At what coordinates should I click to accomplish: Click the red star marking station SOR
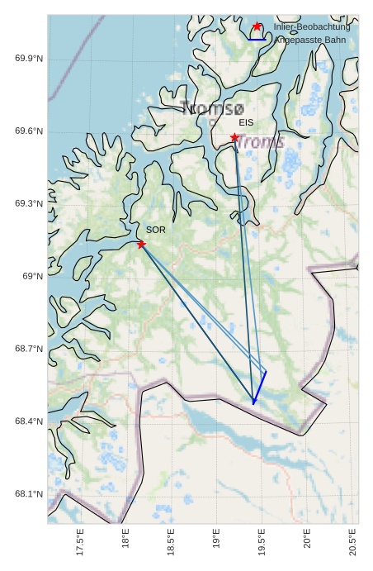pyautogui.click(x=141, y=244)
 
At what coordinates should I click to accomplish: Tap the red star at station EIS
pyautogui.click(x=234, y=137)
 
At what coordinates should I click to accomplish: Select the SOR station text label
pyautogui.click(x=156, y=230)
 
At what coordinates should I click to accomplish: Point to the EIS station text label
pyautogui.click(x=246, y=122)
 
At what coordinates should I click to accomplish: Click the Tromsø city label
pyautogui.click(x=212, y=108)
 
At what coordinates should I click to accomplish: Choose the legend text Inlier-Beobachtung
pyautogui.click(x=312, y=26)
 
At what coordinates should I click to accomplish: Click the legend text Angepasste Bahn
pyautogui.click(x=310, y=40)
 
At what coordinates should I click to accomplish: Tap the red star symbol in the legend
pyautogui.click(x=257, y=26)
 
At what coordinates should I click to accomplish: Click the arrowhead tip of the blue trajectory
pyautogui.click(x=254, y=403)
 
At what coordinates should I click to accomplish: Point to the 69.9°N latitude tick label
pyautogui.click(x=29, y=59)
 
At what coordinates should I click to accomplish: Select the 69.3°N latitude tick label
pyautogui.click(x=29, y=203)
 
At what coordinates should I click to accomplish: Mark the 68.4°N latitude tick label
pyautogui.click(x=29, y=421)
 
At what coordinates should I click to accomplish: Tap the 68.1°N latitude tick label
pyautogui.click(x=29, y=494)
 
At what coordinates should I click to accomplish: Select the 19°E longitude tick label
pyautogui.click(x=216, y=543)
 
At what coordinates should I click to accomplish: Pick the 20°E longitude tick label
pyautogui.click(x=307, y=543)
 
